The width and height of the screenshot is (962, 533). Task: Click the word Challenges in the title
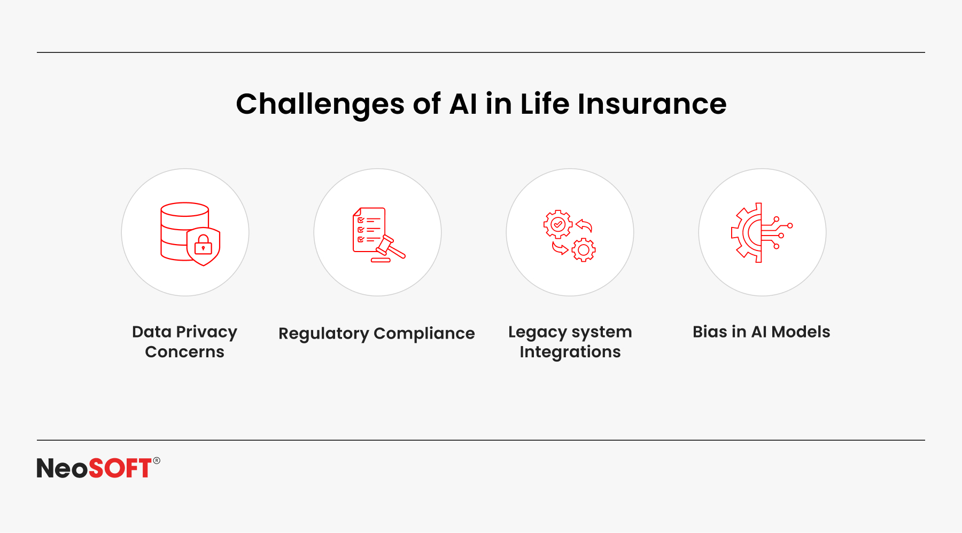320,104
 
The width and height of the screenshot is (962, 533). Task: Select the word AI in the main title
463,104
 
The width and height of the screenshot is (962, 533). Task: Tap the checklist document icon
369,230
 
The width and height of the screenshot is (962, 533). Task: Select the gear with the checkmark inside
558,224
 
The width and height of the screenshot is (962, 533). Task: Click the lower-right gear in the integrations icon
584,249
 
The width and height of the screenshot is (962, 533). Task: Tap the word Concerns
184,352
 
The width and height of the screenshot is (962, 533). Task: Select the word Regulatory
324,334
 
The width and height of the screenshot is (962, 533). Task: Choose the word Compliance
424,334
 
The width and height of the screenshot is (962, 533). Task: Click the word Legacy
537,332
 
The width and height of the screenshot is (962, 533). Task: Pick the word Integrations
570,352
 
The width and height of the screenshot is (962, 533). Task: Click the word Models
801,332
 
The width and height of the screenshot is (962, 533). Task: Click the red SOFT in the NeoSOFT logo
120,468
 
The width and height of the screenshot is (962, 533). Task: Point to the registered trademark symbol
157,460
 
